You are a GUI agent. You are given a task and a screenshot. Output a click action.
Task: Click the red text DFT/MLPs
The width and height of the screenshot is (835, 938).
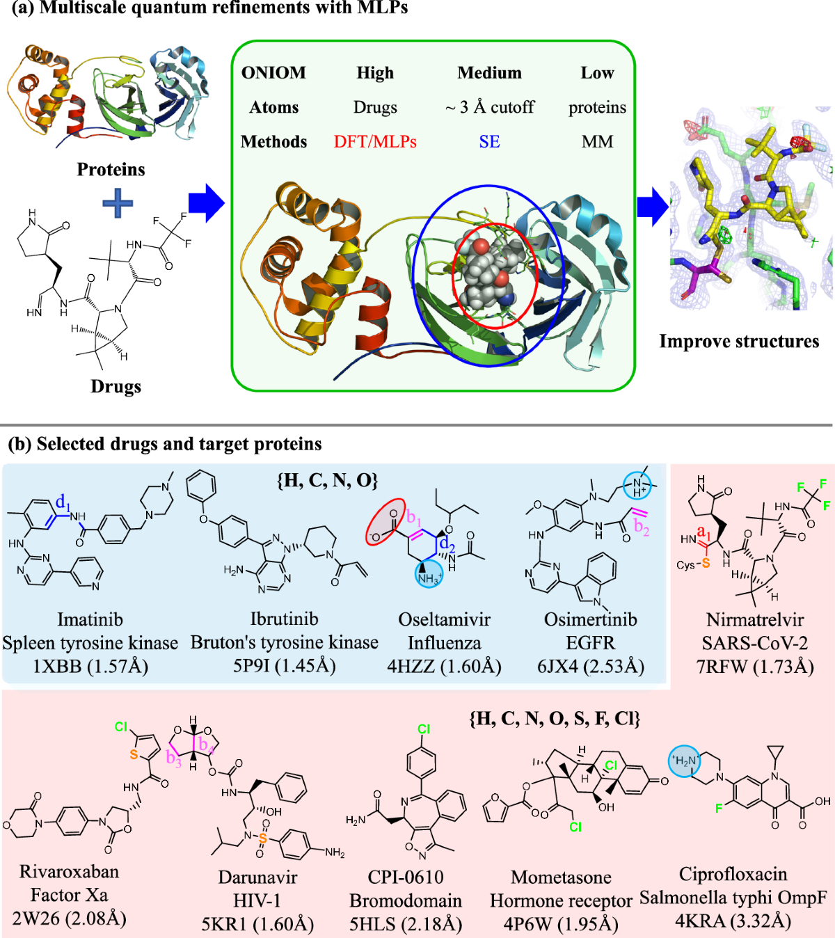(x=375, y=142)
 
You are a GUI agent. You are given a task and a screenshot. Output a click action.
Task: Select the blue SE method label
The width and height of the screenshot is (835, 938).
(x=489, y=142)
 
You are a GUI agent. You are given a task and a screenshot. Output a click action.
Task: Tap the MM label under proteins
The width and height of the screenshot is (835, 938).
(x=597, y=142)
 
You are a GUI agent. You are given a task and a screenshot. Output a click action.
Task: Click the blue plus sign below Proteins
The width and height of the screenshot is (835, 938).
(x=118, y=204)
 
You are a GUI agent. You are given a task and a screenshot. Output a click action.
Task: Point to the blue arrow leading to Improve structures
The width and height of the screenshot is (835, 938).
(x=652, y=206)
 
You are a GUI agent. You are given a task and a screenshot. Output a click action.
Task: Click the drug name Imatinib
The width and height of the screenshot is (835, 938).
(x=90, y=619)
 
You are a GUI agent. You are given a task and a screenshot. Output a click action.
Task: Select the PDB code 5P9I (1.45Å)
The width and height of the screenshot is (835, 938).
(x=284, y=666)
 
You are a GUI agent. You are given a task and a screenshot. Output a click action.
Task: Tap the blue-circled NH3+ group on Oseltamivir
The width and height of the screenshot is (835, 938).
(x=429, y=576)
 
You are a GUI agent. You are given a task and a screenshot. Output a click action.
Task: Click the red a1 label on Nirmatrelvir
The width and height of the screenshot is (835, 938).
(x=704, y=534)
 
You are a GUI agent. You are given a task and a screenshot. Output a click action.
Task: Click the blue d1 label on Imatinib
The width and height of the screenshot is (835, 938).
(x=63, y=502)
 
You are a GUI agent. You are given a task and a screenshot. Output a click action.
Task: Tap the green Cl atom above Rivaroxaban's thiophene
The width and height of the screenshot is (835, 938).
(x=121, y=727)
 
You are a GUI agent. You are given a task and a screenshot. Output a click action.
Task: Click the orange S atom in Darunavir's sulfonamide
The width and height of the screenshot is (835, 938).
(x=262, y=838)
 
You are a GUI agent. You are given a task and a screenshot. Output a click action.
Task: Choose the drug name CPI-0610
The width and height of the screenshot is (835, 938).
(x=406, y=877)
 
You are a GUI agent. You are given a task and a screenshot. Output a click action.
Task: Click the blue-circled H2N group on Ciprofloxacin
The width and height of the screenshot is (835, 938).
(x=685, y=761)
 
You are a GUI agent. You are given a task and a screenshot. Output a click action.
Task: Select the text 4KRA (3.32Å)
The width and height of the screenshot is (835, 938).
(x=733, y=921)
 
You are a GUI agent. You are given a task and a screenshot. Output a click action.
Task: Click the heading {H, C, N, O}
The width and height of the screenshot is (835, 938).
(x=327, y=480)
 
